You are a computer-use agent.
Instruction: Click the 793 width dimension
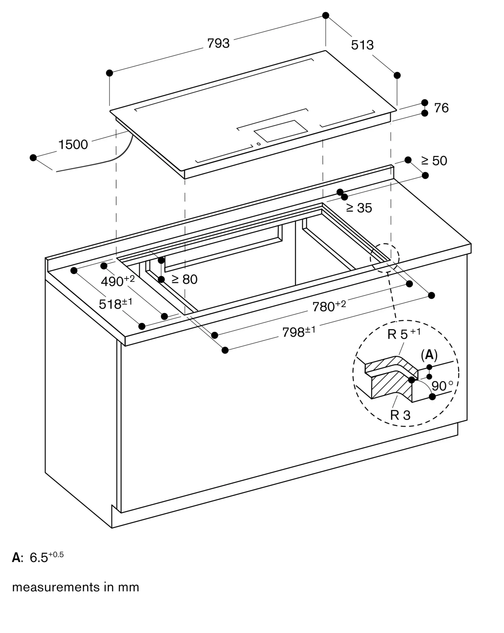click(218, 43)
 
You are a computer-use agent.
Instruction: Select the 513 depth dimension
click(362, 45)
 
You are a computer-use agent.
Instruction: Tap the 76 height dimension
click(441, 108)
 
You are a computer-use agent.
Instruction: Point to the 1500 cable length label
click(73, 145)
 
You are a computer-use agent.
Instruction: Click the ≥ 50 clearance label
click(434, 161)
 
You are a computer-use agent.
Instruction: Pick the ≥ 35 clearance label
click(359, 208)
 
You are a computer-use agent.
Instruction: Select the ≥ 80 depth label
click(185, 279)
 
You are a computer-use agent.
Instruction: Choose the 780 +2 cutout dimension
click(329, 306)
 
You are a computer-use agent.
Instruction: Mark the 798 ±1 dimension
click(299, 332)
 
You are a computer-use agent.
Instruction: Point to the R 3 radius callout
click(400, 415)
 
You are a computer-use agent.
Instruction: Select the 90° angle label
click(442, 386)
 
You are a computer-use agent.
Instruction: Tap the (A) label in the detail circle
click(429, 355)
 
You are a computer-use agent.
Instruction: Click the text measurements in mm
click(76, 587)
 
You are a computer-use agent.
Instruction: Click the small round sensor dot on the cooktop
click(259, 144)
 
